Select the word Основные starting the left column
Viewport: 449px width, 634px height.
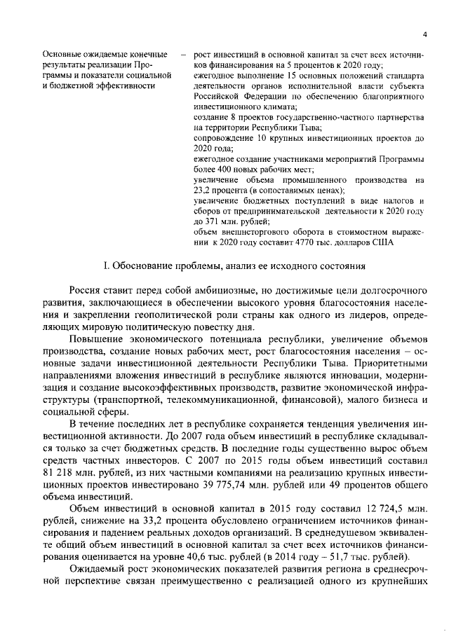[61, 55]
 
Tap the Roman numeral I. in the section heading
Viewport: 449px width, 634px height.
[106, 266]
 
